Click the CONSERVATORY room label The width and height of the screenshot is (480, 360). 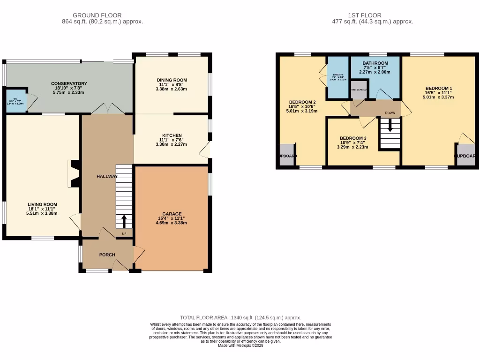click(69, 83)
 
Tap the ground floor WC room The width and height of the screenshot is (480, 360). click(15, 101)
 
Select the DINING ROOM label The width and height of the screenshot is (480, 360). click(172, 80)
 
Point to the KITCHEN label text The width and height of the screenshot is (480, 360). click(171, 135)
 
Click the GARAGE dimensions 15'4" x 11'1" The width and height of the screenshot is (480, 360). click(171, 218)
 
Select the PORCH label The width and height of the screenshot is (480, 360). click(107, 255)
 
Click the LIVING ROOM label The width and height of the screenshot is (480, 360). click(42, 204)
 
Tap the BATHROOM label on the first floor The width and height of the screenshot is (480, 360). click(375, 63)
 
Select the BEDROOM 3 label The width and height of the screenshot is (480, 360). click(352, 138)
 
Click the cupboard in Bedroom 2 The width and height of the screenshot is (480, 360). click(286, 156)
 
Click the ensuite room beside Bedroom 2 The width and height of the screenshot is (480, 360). click(337, 77)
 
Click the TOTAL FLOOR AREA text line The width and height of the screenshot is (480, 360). click(240, 317)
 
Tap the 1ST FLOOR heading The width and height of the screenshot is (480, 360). click(365, 15)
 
